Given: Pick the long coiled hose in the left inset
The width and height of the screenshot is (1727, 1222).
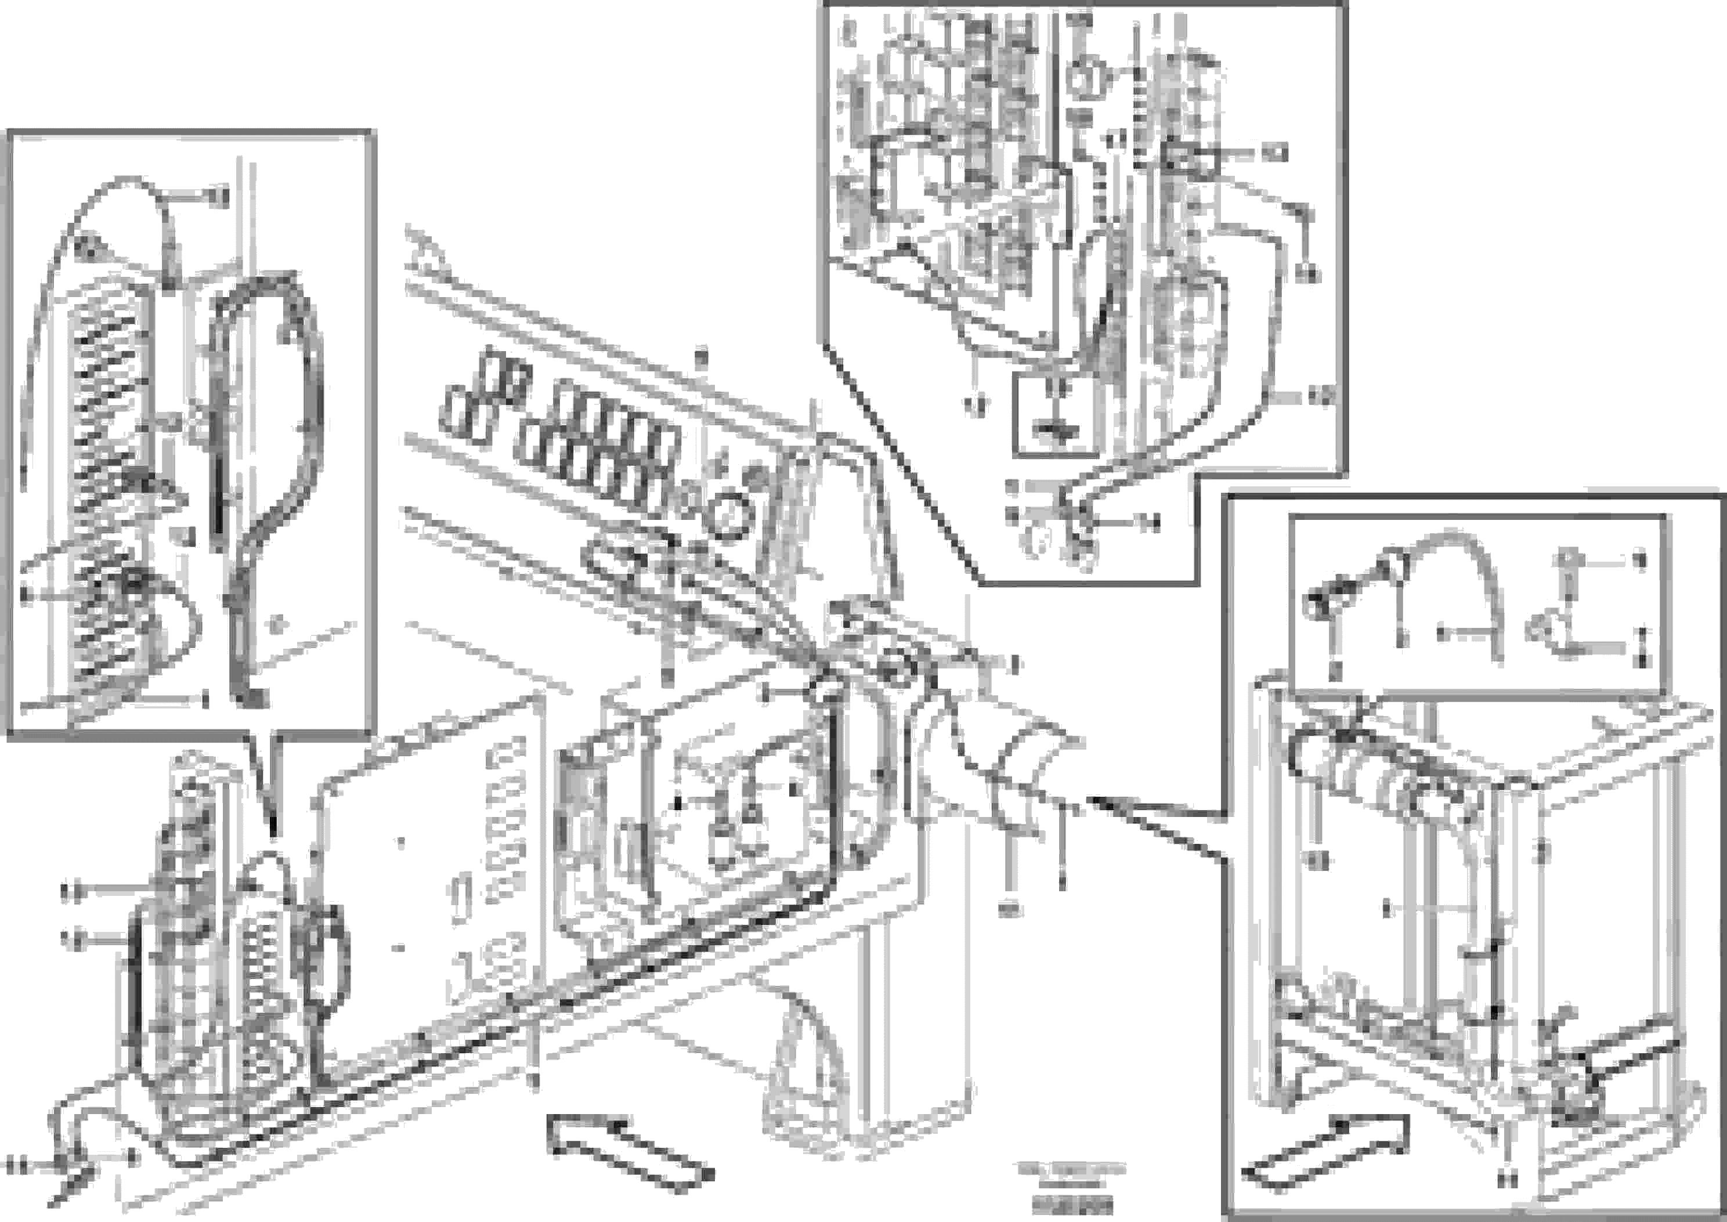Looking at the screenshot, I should [109, 482].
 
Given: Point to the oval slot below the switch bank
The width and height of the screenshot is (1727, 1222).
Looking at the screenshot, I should [613, 561].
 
